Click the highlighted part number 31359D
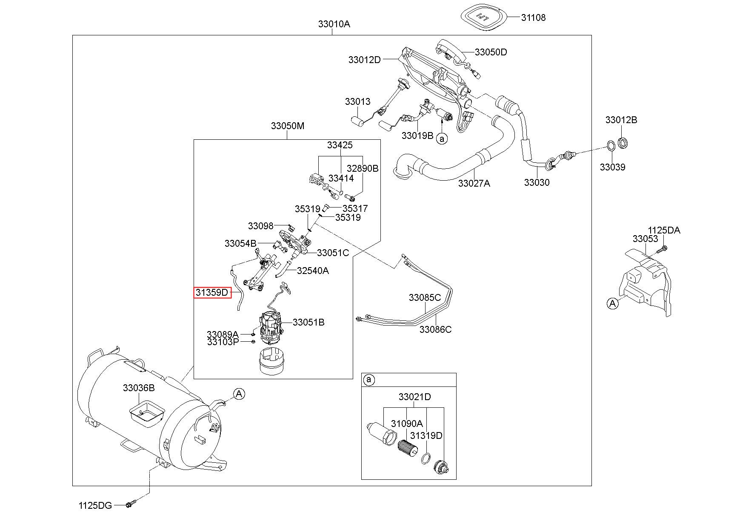(x=212, y=292)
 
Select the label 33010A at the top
(x=334, y=24)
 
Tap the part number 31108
(x=533, y=17)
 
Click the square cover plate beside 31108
(x=484, y=16)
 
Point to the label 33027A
(x=474, y=183)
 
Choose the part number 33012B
(x=621, y=120)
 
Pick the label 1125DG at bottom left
(x=95, y=505)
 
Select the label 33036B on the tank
(x=139, y=388)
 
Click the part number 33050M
(x=288, y=126)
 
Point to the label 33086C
(x=435, y=329)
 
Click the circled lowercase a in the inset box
(x=369, y=380)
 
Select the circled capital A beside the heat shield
(x=612, y=303)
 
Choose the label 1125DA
(x=664, y=231)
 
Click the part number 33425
(x=340, y=145)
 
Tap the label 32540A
(x=313, y=271)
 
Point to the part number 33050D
(x=491, y=52)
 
